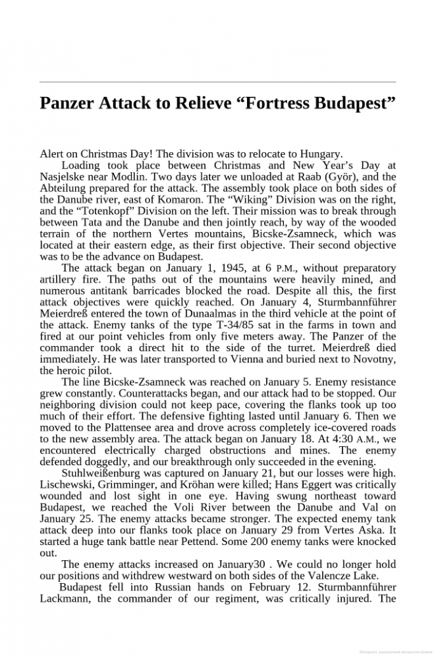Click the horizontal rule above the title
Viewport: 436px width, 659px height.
pyautogui.click(x=218, y=82)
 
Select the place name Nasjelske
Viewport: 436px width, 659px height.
pyautogui.click(x=63, y=177)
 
